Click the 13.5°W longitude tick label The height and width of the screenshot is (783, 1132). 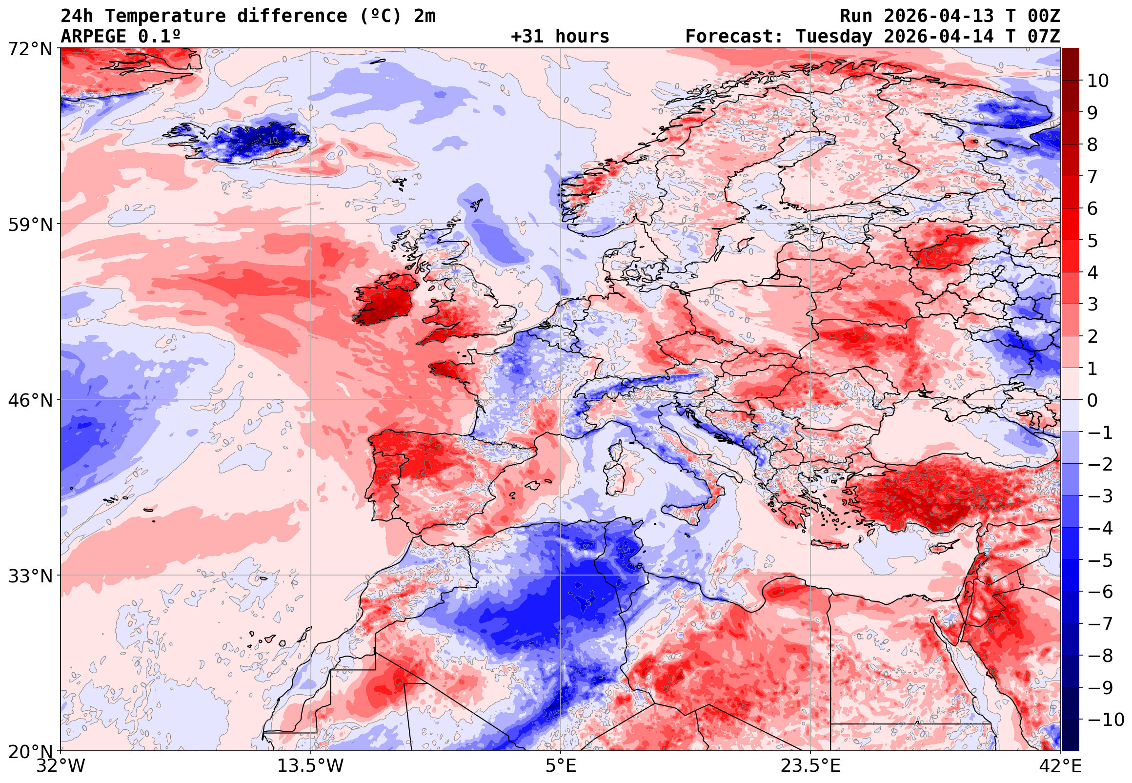coord(310,765)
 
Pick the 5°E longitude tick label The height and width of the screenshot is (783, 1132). coord(561,765)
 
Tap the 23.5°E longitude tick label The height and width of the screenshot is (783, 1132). coord(810,765)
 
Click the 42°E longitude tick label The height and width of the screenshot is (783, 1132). coord(1060,765)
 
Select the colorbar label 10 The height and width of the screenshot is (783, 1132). coord(1098,81)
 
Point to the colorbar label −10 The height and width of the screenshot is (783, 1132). coord(1106,720)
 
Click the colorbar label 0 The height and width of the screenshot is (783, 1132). coord(1092,400)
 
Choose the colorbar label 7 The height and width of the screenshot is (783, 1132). coord(1092,177)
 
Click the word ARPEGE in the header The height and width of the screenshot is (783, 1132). coord(93,37)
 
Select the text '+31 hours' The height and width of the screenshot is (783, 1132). coord(560,37)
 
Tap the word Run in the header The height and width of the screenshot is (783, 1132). coord(856,16)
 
